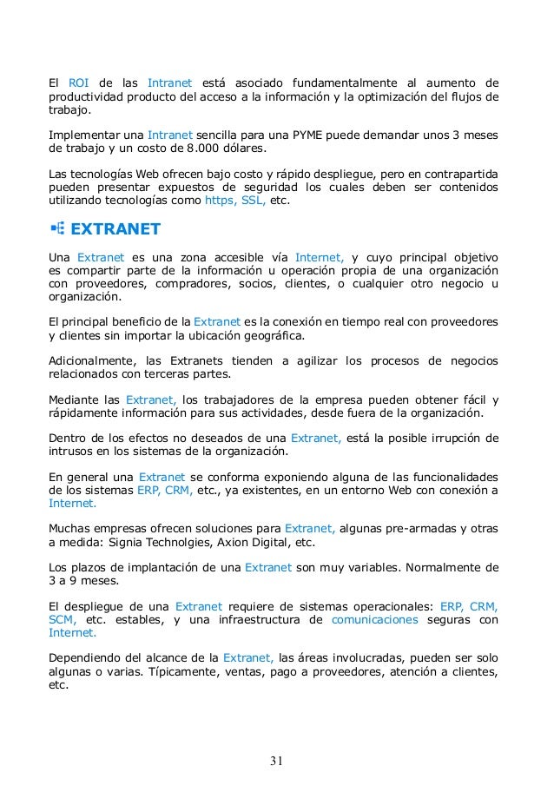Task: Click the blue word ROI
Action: (78, 83)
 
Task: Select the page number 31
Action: (276, 762)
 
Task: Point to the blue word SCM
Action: (63, 619)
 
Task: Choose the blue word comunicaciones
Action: (375, 619)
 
